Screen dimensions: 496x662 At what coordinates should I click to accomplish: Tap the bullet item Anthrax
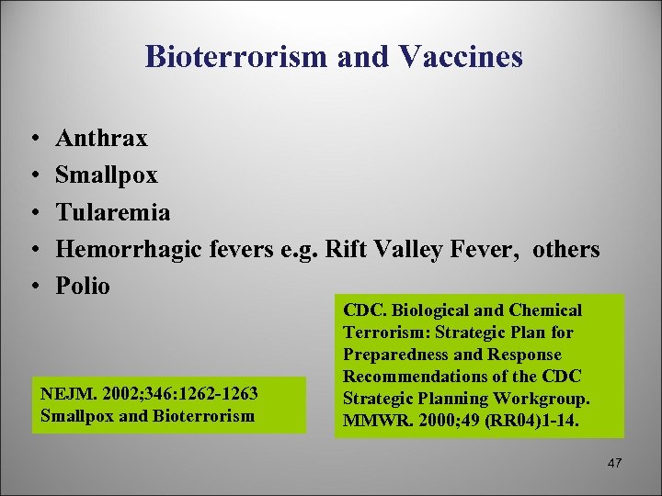(x=101, y=139)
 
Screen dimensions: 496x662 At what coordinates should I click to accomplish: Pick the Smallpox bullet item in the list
(x=107, y=175)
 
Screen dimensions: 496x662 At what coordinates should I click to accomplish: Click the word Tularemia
(x=113, y=212)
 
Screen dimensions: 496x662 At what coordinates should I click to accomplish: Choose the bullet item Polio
(x=83, y=286)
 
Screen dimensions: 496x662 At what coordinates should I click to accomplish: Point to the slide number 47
(x=614, y=464)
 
